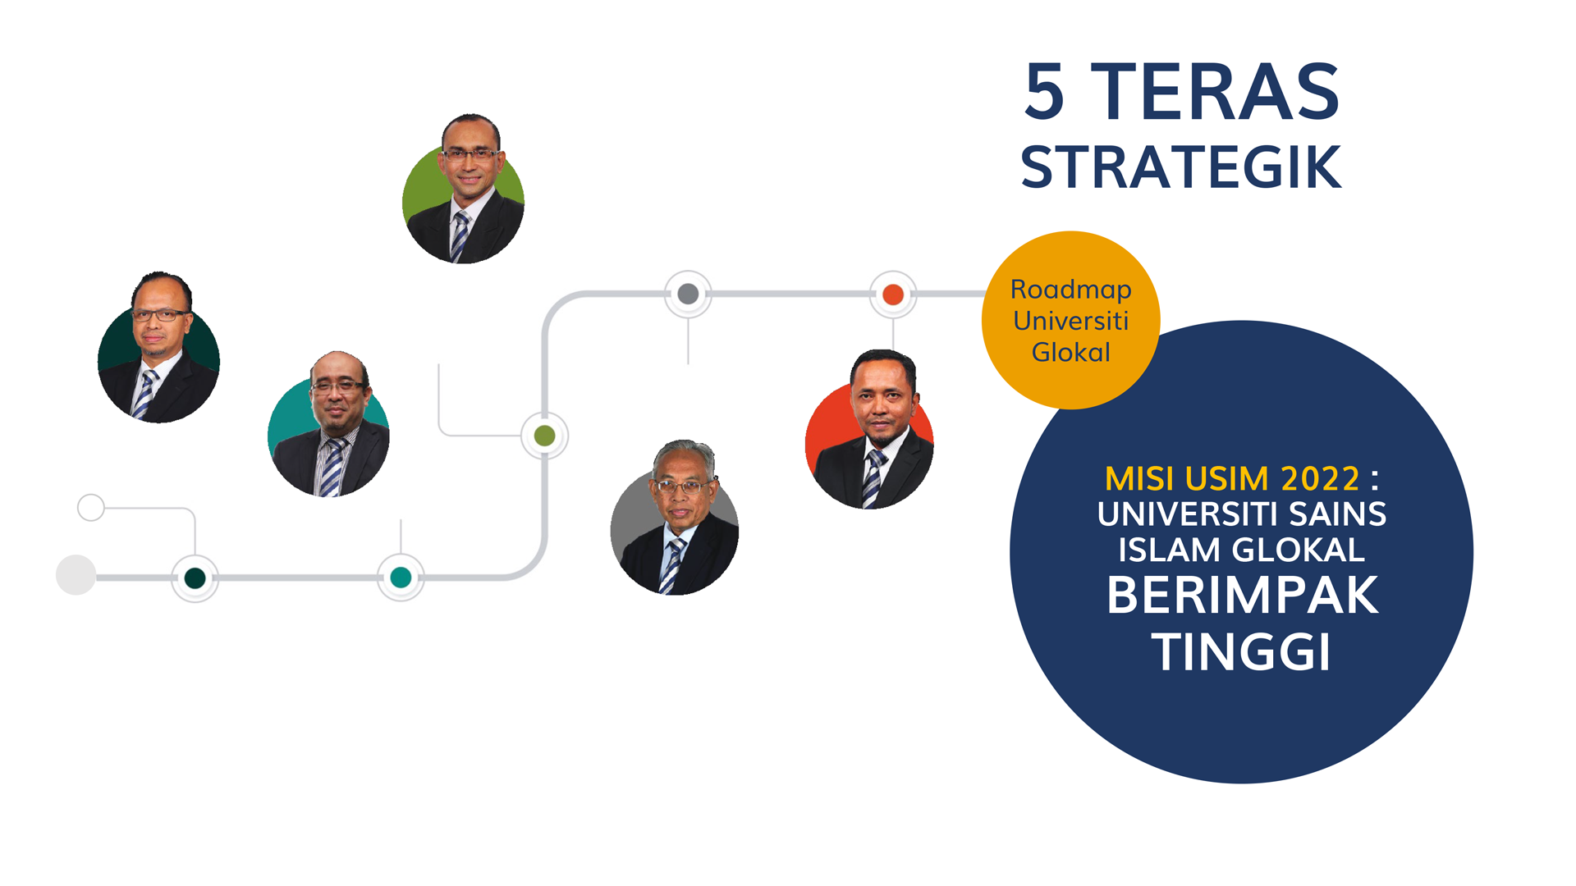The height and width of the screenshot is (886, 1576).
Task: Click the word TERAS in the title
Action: [x=1220, y=92]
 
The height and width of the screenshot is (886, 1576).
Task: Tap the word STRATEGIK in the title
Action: [x=1181, y=167]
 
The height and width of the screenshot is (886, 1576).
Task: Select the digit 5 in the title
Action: [x=1045, y=92]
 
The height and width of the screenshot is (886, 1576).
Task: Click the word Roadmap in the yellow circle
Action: [x=1071, y=290]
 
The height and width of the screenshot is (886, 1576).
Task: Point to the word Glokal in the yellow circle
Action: [x=1071, y=352]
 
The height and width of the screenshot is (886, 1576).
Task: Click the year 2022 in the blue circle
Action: [x=1320, y=478]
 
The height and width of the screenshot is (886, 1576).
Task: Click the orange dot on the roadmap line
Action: [x=893, y=294]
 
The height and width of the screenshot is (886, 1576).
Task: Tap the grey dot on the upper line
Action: [x=688, y=294]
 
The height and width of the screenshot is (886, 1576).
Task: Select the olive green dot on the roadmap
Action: [x=544, y=436]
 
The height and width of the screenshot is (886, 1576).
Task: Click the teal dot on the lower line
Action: [x=401, y=578]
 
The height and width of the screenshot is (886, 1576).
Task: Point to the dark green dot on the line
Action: [x=195, y=578]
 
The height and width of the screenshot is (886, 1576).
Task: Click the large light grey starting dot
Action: [x=76, y=575]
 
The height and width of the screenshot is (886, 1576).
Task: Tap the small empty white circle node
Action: [x=91, y=508]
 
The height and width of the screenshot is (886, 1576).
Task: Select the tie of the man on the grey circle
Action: [x=672, y=565]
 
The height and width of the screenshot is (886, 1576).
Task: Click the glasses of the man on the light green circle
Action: [x=470, y=153]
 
